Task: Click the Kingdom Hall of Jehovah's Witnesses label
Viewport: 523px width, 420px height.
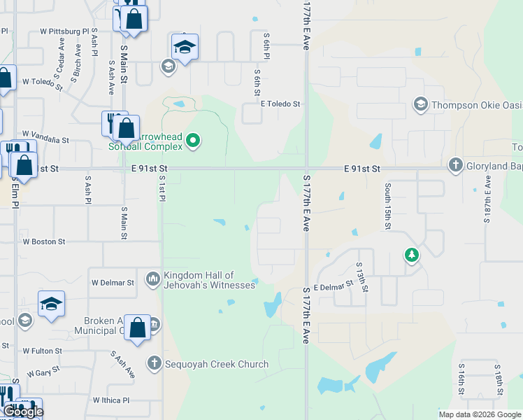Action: tap(199, 281)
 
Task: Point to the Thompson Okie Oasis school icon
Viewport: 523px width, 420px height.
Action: tap(420, 105)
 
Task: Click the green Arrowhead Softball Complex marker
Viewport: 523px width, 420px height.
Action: tap(195, 141)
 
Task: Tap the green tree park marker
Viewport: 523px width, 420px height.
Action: tap(412, 255)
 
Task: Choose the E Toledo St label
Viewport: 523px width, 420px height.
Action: tap(280, 104)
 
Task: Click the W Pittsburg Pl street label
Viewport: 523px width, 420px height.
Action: tap(64, 31)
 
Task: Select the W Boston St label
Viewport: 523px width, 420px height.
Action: tap(43, 241)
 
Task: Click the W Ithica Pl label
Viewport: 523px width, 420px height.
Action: tap(111, 400)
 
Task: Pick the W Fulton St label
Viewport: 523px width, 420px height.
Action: tap(42, 351)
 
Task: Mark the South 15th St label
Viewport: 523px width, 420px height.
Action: tap(387, 206)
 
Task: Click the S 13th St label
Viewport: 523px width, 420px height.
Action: tap(360, 276)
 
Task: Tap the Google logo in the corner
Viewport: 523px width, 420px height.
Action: tap(23, 412)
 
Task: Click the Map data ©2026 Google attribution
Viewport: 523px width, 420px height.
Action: tap(480, 414)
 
